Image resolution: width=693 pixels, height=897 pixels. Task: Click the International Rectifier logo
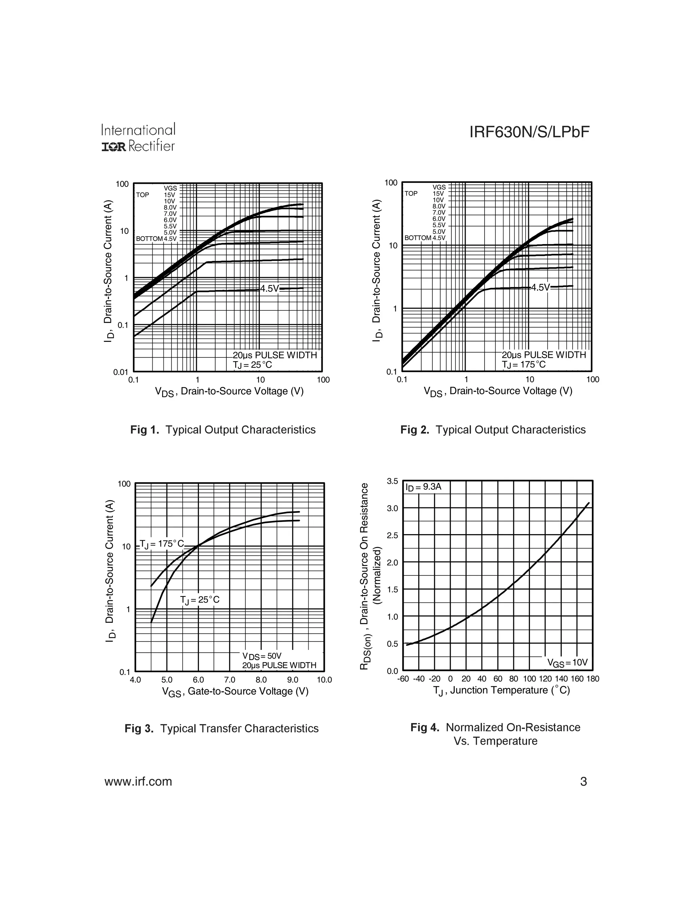point(138,137)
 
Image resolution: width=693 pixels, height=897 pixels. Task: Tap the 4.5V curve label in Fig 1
point(269,288)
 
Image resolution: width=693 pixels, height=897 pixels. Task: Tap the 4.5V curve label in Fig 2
point(540,287)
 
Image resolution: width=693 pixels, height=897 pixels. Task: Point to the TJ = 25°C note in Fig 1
point(252,365)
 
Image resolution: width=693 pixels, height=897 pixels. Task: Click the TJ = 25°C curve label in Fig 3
point(200,600)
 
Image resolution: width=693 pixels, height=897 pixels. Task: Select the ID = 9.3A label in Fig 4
point(423,487)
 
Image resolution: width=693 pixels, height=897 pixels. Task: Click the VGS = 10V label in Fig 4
point(567,662)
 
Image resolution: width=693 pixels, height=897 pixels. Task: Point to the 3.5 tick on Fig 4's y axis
point(393,481)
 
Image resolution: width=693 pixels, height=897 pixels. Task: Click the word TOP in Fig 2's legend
point(411,193)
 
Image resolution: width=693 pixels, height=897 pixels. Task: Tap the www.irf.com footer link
point(138,782)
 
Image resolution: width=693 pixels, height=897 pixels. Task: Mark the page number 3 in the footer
point(583,782)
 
